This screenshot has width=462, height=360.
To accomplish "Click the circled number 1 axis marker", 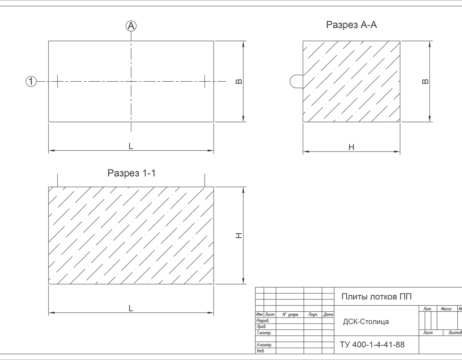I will pyautogui.click(x=31, y=82).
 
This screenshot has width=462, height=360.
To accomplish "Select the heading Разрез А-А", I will pyautogui.click(x=351, y=26).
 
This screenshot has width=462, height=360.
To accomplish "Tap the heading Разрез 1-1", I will pyautogui.click(x=131, y=173).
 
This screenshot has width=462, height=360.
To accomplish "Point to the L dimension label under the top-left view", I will pyautogui.click(x=131, y=146).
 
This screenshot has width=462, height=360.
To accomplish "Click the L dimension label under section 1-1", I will pyautogui.click(x=131, y=308).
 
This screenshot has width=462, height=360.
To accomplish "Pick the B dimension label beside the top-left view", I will pyautogui.click(x=239, y=81).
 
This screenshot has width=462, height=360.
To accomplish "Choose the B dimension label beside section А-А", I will pyautogui.click(x=425, y=81).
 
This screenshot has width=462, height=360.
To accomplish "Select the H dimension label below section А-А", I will pyautogui.click(x=351, y=147).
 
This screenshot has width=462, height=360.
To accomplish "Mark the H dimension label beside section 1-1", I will pyautogui.click(x=239, y=235).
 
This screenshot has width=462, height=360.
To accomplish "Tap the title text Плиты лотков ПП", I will pyautogui.click(x=376, y=297).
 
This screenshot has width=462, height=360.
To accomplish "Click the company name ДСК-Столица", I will pyautogui.click(x=366, y=322).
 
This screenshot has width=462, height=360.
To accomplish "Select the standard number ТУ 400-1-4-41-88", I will pyautogui.click(x=372, y=344).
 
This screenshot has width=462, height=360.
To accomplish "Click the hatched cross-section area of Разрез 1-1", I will pyautogui.click(x=131, y=235).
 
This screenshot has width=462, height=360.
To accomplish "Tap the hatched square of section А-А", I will pyautogui.click(x=351, y=81).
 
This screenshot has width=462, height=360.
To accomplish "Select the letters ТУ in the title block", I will pyautogui.click(x=344, y=344).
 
